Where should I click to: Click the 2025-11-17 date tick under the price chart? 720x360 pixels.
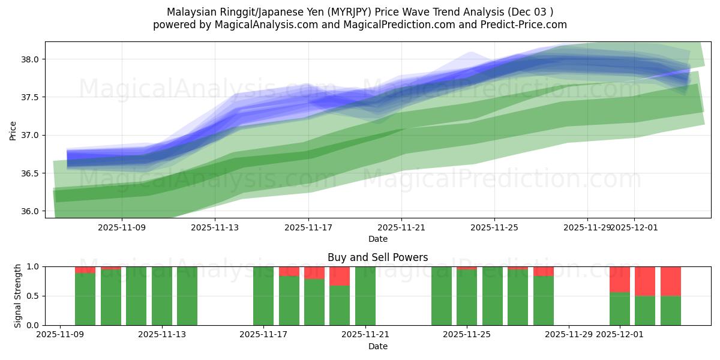tap(308, 228)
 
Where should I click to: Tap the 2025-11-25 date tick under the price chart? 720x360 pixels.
tap(494, 228)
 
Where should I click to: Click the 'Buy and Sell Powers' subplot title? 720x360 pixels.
tap(378, 258)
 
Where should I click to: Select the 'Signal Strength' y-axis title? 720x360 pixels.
tap(18, 296)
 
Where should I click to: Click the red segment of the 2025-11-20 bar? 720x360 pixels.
tap(340, 275)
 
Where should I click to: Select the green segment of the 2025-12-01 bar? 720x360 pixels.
tap(620, 308)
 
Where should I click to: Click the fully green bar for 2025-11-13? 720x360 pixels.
tap(187, 296)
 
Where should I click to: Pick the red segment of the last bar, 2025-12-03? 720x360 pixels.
tap(671, 281)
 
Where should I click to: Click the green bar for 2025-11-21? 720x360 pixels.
tap(365, 296)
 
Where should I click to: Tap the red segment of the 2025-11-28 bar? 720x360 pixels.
tap(544, 271)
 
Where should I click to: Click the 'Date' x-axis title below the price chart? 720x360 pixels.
tap(378, 239)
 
